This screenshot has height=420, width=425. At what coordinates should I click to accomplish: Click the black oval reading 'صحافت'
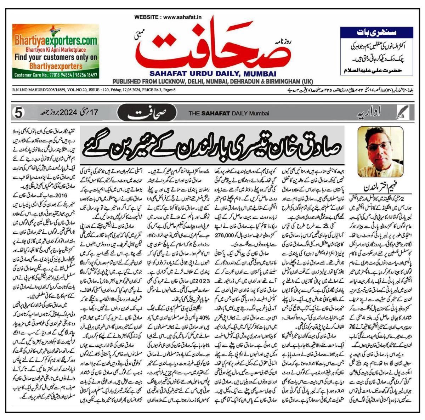(x=146, y=114)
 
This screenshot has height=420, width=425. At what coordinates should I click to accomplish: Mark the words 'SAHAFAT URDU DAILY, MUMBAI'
(x=212, y=74)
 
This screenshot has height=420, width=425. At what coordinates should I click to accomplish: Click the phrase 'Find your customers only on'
(x=56, y=57)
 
